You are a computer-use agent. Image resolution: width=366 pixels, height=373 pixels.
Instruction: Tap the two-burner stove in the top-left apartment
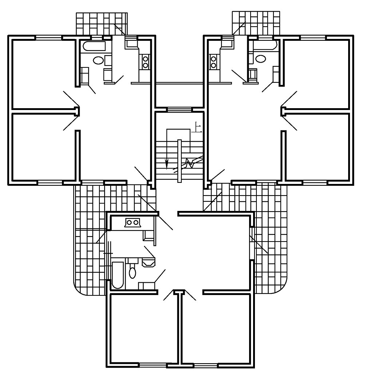point(145,62)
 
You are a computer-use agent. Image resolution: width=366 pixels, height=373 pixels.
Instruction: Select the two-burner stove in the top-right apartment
point(213,62)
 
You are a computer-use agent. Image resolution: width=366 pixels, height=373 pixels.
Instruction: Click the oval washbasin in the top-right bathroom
point(261,58)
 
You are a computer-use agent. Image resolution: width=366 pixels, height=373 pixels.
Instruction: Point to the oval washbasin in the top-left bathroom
point(98,60)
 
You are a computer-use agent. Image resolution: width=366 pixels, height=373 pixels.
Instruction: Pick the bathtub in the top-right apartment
point(266,46)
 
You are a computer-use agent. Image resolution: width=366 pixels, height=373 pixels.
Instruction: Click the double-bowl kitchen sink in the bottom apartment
point(132,222)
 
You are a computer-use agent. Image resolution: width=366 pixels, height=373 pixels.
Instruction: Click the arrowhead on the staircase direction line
point(167,164)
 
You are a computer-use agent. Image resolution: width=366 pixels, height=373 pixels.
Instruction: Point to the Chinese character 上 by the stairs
point(198,127)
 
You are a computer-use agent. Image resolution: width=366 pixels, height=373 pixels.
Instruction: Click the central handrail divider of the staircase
point(180,160)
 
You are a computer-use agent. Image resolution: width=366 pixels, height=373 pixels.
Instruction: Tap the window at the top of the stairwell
point(179,109)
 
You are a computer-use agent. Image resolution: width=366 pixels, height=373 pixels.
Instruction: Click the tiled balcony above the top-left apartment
point(102,24)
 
